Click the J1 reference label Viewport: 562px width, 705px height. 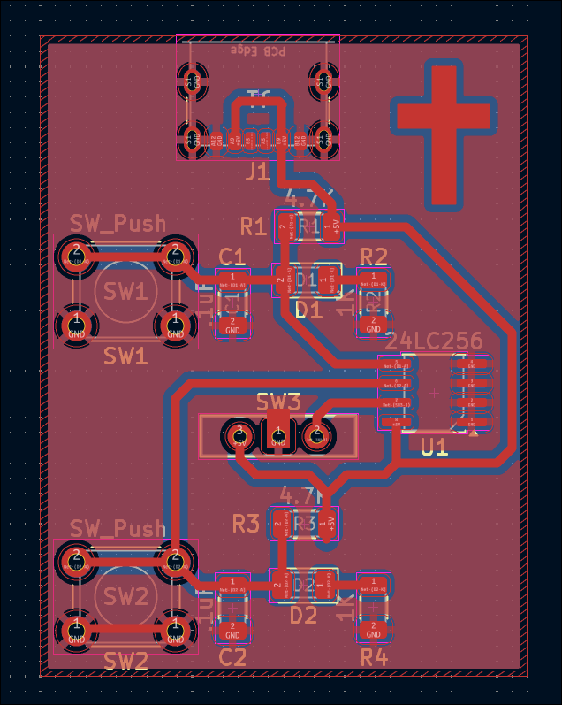point(257,171)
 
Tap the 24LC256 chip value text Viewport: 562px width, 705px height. point(434,341)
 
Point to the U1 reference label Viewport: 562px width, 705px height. point(434,448)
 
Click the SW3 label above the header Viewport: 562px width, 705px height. point(279,402)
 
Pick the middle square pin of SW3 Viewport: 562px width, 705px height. point(277,434)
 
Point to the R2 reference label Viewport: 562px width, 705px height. point(374,257)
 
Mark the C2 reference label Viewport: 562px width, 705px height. point(232,658)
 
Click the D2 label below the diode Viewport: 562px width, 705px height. point(304,615)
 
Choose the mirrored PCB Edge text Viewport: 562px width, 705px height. point(258,51)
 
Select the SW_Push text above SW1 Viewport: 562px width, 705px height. point(118,222)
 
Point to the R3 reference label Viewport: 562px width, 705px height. point(246,524)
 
